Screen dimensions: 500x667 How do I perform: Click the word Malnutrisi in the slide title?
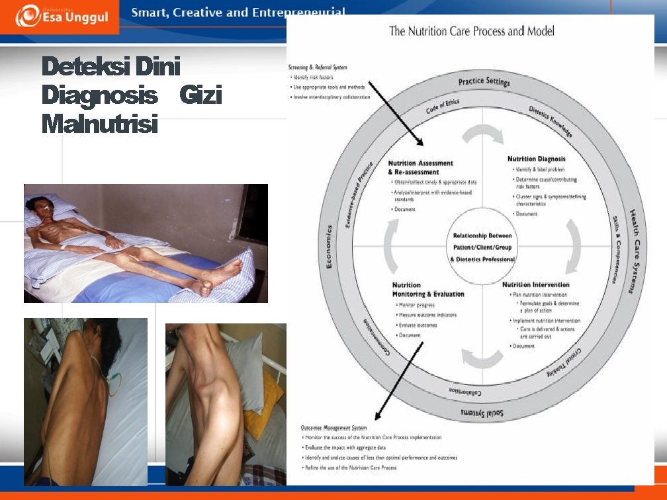tap(100, 124)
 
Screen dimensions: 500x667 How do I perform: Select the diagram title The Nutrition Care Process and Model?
tap(471, 30)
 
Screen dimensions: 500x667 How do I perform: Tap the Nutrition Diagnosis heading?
tap(536, 159)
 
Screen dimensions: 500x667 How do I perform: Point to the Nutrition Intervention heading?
tap(535, 284)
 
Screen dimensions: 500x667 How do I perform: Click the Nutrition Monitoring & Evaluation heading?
tap(428, 290)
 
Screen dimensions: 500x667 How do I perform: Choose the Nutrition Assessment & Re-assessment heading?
tap(420, 167)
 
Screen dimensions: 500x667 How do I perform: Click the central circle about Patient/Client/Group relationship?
tap(482, 247)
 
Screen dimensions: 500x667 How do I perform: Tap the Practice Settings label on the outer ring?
tap(484, 82)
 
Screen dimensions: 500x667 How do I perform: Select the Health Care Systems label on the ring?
tap(634, 251)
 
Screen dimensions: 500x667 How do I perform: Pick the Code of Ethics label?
tap(443, 106)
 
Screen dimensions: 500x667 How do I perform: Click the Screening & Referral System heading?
tap(318, 67)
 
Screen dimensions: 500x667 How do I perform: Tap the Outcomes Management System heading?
tap(334, 428)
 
